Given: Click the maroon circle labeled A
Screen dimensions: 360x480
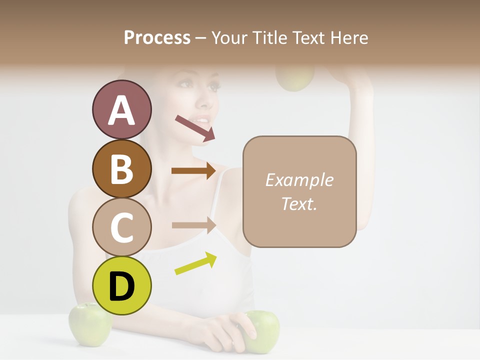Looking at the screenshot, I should click(121, 110).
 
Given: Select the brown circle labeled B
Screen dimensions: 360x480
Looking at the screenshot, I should click(121, 168).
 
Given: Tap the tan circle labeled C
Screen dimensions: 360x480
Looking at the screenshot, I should click(121, 227).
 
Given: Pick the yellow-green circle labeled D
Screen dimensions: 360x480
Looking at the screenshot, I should click(121, 285).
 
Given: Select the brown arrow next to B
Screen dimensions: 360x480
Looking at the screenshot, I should click(193, 170).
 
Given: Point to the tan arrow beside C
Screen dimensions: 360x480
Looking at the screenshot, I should click(193, 225).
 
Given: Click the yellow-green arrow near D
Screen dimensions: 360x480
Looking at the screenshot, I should click(195, 263).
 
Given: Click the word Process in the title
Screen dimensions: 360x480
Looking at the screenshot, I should click(157, 37).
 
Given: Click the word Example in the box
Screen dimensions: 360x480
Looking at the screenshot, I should click(299, 180).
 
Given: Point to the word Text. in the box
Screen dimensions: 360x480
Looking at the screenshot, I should click(299, 203).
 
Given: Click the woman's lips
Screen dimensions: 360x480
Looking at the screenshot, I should click(203, 120).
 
